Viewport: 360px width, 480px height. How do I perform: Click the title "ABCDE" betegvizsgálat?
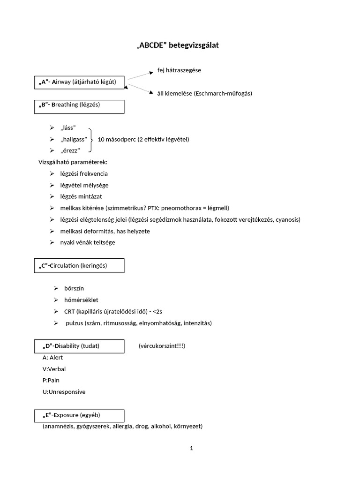(177, 45)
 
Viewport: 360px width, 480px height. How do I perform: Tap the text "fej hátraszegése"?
(180, 70)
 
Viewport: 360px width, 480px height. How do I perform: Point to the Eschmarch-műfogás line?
(204, 93)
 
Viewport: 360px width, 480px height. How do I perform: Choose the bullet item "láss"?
(68, 128)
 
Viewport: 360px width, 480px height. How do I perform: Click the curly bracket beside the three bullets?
(91, 139)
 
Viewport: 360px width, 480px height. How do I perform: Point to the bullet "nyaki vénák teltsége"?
(88, 242)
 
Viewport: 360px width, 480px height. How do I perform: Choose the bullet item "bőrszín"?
(74, 288)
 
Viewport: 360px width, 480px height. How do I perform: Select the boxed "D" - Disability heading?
(80, 346)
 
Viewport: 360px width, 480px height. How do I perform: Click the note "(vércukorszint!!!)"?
(162, 346)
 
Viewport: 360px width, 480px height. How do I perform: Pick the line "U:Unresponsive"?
(64, 392)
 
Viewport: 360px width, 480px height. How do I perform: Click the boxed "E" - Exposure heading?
(80, 415)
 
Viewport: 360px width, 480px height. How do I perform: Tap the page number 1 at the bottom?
(191, 448)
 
